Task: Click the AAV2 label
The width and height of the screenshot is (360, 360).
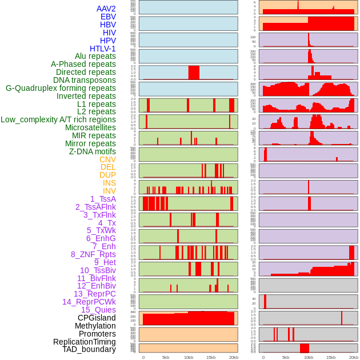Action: [x=106, y=9]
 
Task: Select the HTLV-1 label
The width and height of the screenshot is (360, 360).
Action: [x=102, y=49]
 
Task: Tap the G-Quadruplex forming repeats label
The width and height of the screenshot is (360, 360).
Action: [x=61, y=88]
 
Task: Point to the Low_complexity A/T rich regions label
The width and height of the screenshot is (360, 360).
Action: [x=58, y=119]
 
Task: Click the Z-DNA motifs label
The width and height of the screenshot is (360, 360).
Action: [x=93, y=151]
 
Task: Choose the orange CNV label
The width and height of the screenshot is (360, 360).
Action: [x=107, y=159]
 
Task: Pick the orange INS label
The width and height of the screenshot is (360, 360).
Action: [x=109, y=183]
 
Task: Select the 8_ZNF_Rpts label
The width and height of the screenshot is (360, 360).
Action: [x=93, y=254]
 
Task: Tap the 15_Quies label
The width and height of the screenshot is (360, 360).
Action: [x=98, y=310]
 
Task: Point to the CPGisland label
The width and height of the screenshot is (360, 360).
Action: [x=97, y=318]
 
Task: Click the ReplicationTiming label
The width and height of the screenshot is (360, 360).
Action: [x=84, y=342]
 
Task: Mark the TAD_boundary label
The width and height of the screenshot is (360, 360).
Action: [x=89, y=349]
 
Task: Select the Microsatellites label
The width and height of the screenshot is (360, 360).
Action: [x=90, y=127]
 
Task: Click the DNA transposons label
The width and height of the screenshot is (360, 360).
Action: [x=85, y=80]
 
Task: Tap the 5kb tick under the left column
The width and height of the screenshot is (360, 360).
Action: [x=166, y=357]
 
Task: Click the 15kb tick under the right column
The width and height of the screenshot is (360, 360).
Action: [x=331, y=357]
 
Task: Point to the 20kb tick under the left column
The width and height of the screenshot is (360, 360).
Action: [x=233, y=357]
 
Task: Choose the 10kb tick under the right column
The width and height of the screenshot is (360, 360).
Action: [x=308, y=357]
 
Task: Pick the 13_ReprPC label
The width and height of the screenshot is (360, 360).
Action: [x=94, y=294]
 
